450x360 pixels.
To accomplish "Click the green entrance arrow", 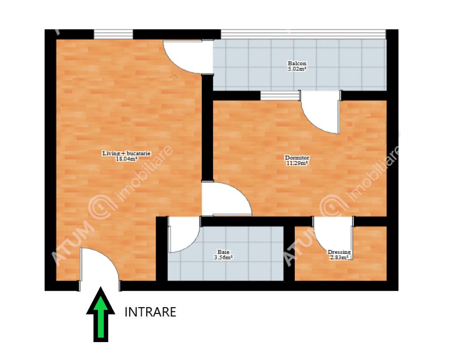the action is click(101, 315).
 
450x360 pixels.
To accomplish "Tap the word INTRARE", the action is click(150, 312).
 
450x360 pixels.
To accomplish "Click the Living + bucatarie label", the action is click(127, 154).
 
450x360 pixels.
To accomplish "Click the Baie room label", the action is click(223, 252).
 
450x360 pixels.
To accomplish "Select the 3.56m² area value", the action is click(223, 257).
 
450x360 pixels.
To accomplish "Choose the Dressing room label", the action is click(339, 252).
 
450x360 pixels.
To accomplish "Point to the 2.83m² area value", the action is click(340, 257).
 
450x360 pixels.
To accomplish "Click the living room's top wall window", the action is click(113, 34).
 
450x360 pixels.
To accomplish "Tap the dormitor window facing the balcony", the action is click(280, 96).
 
